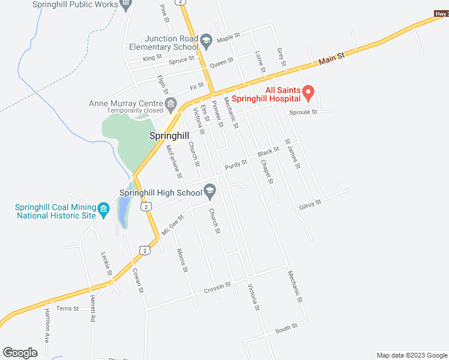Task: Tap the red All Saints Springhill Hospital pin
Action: pyautogui.click(x=309, y=92)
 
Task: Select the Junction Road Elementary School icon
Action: pyautogui.click(x=206, y=41)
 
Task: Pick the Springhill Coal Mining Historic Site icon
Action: pyautogui.click(x=103, y=209)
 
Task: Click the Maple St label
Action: pyautogui.click(x=228, y=37)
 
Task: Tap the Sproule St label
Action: pyautogui.click(x=303, y=112)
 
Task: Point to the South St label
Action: pyautogui.click(x=286, y=328)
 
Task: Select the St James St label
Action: pyautogui.click(x=292, y=154)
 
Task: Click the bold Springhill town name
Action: pyautogui.click(x=170, y=136)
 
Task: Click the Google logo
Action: pyautogui.click(x=20, y=352)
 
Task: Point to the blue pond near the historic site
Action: pyautogui.click(x=122, y=213)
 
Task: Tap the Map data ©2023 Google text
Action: pyautogui.click(x=411, y=355)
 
